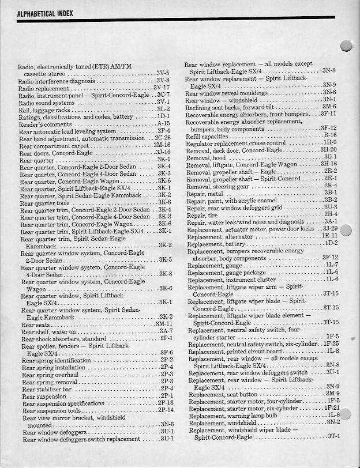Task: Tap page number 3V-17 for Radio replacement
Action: pyautogui.click(x=161, y=88)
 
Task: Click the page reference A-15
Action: pyautogui.click(x=163, y=123)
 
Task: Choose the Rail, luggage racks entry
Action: pyautogui.click(x=44, y=110)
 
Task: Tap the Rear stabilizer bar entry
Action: pyautogui.click(x=47, y=389)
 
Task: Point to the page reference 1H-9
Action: pyautogui.click(x=330, y=142)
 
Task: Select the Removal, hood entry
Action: pyautogui.click(x=206, y=157)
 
